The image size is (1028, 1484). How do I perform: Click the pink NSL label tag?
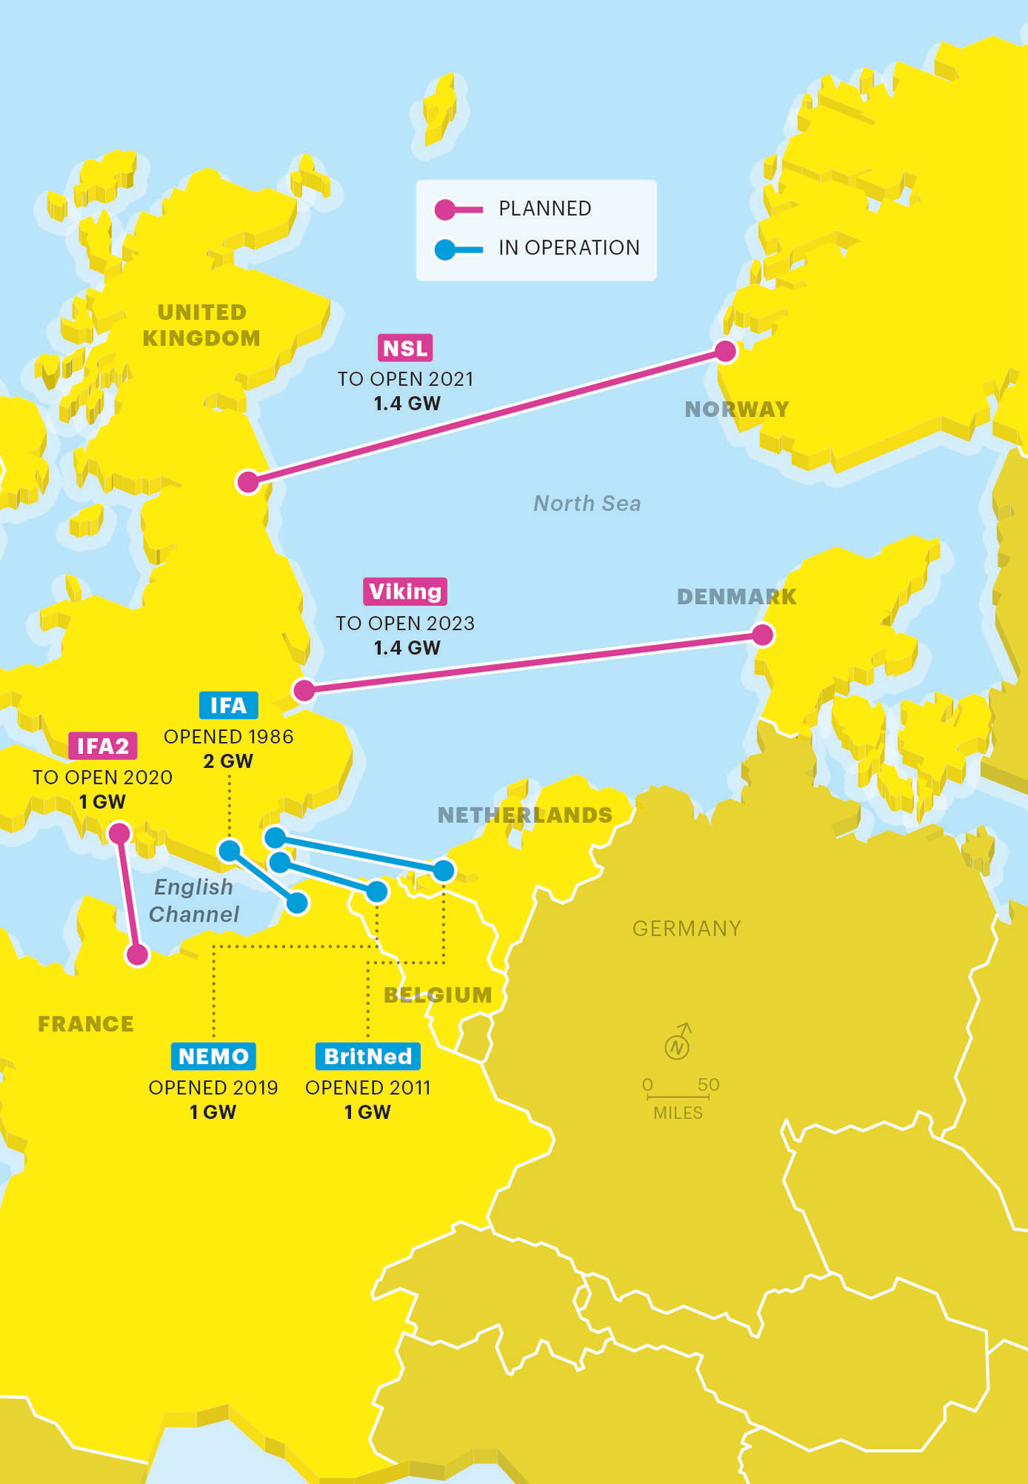point(405,348)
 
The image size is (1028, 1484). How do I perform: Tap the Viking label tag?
point(405,591)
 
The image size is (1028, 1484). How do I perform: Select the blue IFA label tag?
point(229,705)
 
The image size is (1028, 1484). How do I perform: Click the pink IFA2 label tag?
point(102,746)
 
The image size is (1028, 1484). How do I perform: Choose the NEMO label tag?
point(213,1056)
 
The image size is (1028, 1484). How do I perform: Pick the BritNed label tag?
point(367,1056)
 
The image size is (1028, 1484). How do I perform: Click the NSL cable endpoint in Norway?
point(725,350)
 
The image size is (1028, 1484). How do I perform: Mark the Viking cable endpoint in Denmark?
point(763,634)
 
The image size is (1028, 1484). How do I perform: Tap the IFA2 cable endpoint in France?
point(137,954)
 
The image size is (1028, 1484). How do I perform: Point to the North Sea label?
point(586,504)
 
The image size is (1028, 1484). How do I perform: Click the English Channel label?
point(194,900)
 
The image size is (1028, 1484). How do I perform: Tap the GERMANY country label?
point(686,928)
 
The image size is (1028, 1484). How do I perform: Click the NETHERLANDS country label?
point(525,815)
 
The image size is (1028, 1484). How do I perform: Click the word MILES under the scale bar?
point(678,1113)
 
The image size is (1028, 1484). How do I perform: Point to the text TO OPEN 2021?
point(405,379)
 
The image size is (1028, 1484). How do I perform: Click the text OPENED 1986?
point(229,737)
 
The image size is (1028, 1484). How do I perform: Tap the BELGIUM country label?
point(437,995)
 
